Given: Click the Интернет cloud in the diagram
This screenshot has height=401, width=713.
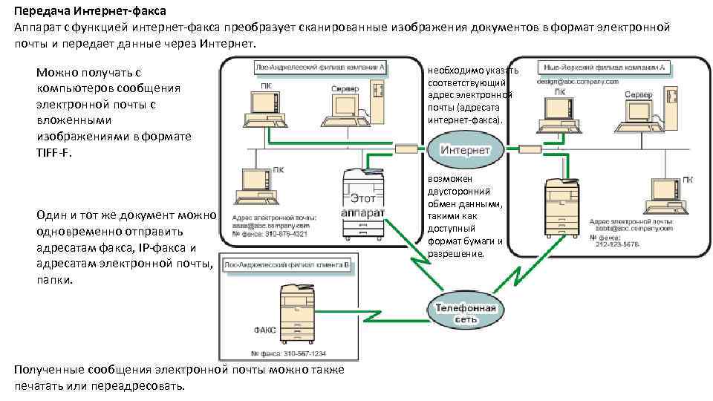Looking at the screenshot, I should pos(466,149).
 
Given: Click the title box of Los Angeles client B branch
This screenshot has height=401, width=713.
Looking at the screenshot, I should pos(287,264).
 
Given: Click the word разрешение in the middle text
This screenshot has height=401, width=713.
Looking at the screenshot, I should pos(455,254).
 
